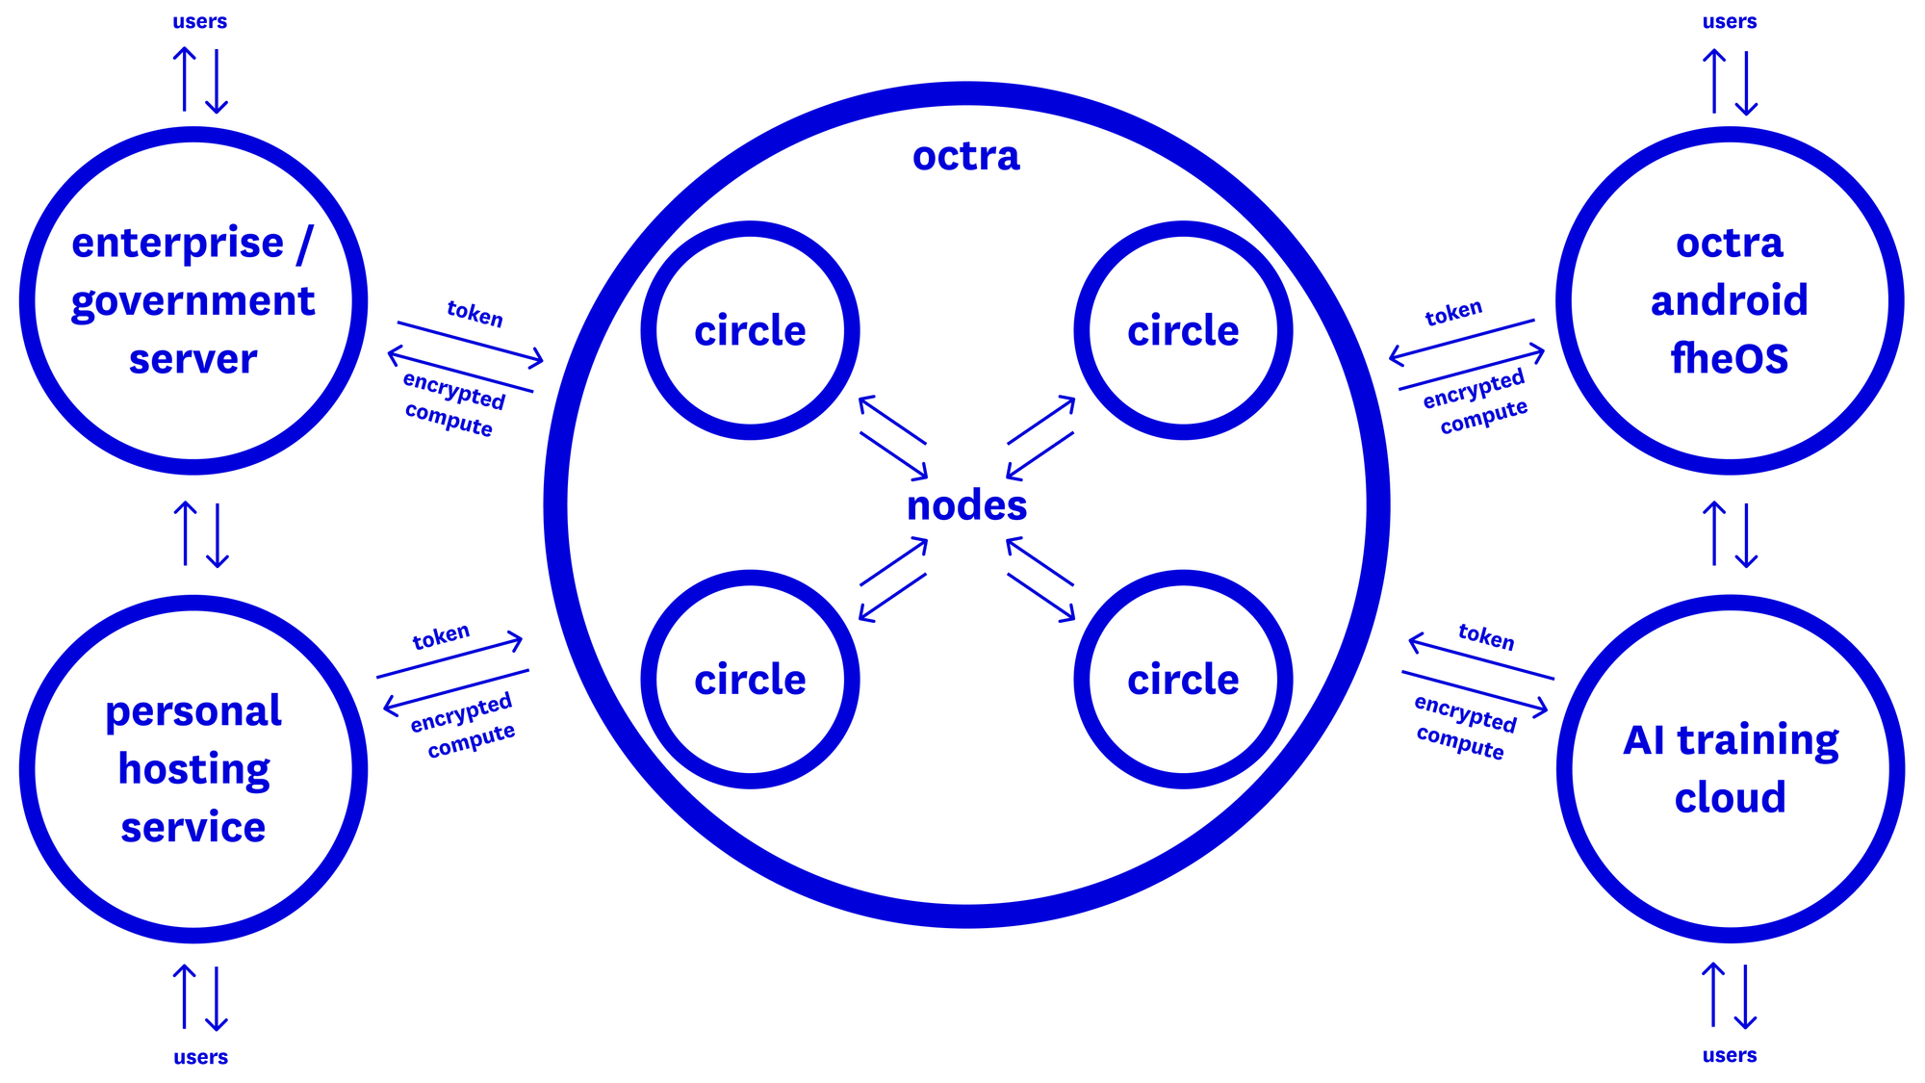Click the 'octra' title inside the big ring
coord(965,156)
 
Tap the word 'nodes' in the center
coord(966,505)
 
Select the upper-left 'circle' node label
coord(750,331)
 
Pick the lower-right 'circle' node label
coord(1183,680)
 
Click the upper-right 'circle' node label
coord(1183,331)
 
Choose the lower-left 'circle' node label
coord(750,680)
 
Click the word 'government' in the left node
coord(192,302)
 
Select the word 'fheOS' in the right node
coord(1729,358)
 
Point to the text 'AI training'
coord(1730,740)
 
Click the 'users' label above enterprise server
coord(199,21)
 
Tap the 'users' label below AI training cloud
coord(1729,1055)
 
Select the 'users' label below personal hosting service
coord(200,1057)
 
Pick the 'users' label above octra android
coord(1729,21)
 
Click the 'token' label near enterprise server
coord(475,314)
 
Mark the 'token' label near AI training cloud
coord(1486,636)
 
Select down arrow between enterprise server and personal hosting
coord(218,535)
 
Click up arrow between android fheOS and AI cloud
coord(1713,532)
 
